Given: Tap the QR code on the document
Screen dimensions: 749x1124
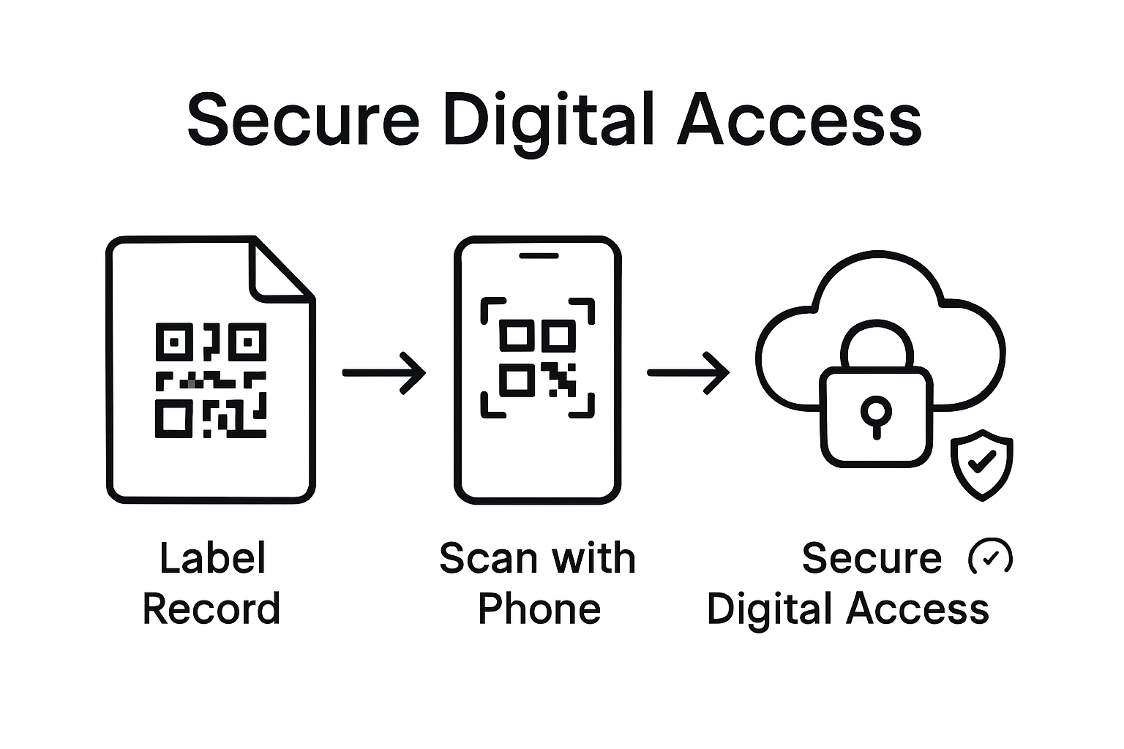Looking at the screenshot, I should coord(211,380).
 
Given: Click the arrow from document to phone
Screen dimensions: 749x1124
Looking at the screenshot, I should coord(384,373).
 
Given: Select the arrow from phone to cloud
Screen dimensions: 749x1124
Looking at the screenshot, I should coord(689,373).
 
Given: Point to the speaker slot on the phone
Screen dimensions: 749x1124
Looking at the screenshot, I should coord(539,256).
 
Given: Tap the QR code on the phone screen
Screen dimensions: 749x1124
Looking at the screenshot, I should coord(538,358).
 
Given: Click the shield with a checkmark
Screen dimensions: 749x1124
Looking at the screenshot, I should coord(981,464).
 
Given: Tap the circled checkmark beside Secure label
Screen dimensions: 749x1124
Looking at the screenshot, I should coord(990,558).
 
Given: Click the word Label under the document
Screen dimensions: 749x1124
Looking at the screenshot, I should coord(212,558).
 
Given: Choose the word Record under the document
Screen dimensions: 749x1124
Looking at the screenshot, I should coord(211,609).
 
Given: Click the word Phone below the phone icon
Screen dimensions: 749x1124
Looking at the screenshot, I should coord(539,609).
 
